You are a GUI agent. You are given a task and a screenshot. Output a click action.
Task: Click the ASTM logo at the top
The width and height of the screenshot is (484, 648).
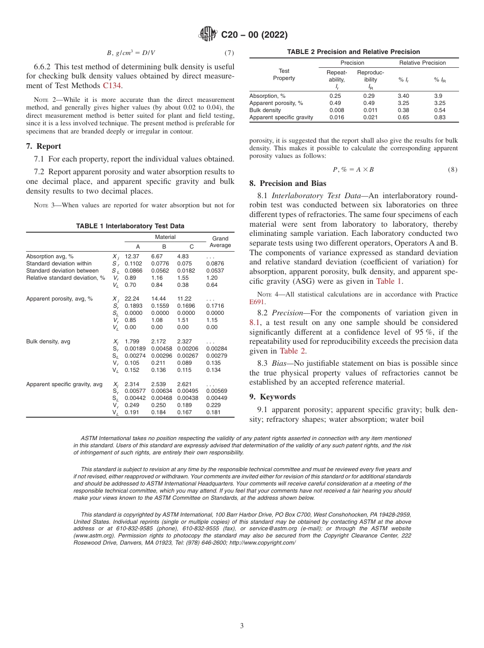pyautogui.click(x=207, y=35)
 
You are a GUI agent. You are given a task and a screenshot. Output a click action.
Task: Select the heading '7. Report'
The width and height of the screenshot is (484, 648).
pyautogui.click(x=43, y=146)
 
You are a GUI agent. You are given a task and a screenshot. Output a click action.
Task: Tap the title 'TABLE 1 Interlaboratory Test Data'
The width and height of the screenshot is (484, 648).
pyautogui.click(x=130, y=226)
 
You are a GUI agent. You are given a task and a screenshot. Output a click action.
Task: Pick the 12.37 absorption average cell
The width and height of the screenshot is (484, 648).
pyautogui.click(x=131, y=256)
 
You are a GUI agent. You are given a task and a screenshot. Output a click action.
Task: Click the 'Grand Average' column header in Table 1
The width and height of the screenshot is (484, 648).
pyautogui.click(x=220, y=242)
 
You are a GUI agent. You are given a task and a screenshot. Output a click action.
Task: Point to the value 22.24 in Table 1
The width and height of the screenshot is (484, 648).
pyautogui.click(x=131, y=299)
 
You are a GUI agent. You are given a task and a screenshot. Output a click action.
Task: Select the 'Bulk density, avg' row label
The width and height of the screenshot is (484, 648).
pyautogui.click(x=48, y=341)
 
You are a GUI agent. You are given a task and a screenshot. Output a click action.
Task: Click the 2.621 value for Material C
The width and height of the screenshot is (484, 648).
pyautogui.click(x=184, y=384)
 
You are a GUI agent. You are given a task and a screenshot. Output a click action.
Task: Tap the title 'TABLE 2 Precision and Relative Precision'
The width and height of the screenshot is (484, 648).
pyautogui.click(x=354, y=52)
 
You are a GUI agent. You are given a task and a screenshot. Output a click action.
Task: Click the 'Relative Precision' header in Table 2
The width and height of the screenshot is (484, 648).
pyautogui.click(x=422, y=63)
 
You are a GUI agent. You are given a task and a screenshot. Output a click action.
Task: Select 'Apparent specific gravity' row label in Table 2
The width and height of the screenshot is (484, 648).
pyautogui.click(x=281, y=117)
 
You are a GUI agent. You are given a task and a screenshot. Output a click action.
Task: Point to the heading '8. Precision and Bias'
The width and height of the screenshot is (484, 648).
pyautogui.click(x=288, y=183)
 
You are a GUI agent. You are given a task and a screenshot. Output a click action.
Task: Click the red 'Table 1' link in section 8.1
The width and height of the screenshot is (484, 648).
pyautogui.click(x=389, y=281)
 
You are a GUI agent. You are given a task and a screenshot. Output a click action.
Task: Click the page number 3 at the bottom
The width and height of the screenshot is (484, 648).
pyautogui.click(x=242, y=626)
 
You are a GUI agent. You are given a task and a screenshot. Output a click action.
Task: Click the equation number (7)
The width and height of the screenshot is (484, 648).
pyautogui.click(x=229, y=53)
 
